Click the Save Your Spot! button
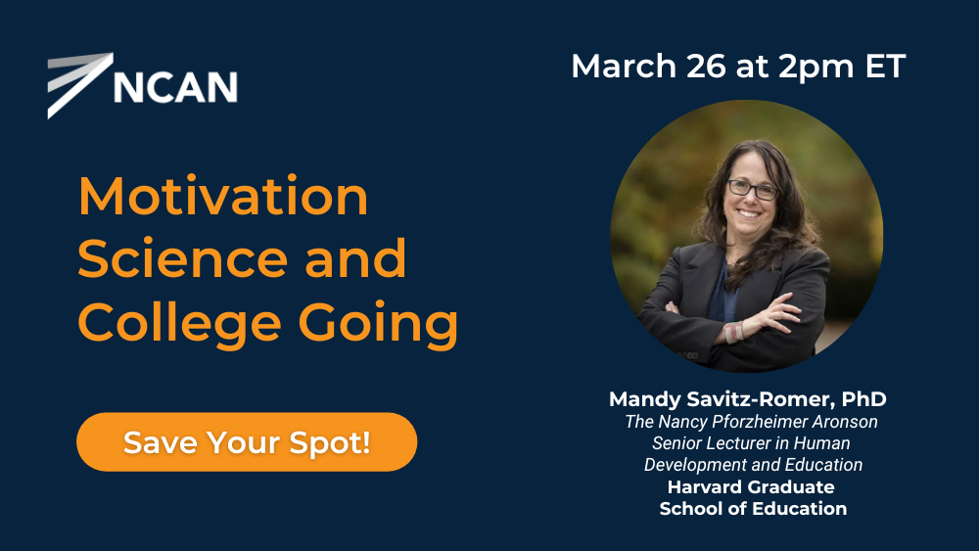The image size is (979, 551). coord(247,441)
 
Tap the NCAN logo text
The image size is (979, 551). coord(175,87)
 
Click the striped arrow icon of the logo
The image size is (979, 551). coord(80,85)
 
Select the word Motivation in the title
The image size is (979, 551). coord(223,196)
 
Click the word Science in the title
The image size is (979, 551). coord(181,259)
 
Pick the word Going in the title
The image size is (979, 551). coord(378,323)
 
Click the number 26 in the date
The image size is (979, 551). coord(706,66)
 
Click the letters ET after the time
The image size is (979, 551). coord(885,66)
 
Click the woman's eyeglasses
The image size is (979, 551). coord(753,189)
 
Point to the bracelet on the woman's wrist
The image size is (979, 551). coord(734,332)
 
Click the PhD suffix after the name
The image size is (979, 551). coord(864,398)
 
